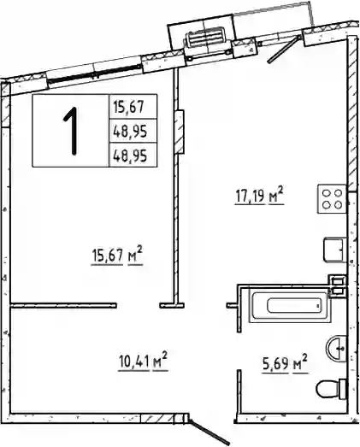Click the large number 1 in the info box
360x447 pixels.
pyautogui.click(x=71, y=131)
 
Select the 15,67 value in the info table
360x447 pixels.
pyautogui.click(x=132, y=107)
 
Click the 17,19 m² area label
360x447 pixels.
pyautogui.click(x=259, y=195)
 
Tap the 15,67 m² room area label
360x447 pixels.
pyautogui.click(x=116, y=256)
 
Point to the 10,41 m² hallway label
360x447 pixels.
pyautogui.click(x=143, y=362)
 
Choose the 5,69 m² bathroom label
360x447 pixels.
pyautogui.click(x=286, y=363)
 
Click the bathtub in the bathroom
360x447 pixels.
pyautogui.click(x=290, y=306)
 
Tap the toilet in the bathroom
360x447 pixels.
pyautogui.click(x=332, y=389)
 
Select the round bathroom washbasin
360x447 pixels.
pyautogui.click(x=336, y=349)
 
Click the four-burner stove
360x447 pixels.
pyautogui.click(x=332, y=199)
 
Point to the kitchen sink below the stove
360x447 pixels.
pyautogui.click(x=334, y=250)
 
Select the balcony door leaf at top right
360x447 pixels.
pyautogui.click(x=284, y=49)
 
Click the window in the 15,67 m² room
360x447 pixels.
pyautogui.click(x=94, y=72)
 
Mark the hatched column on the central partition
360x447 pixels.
pyautogui.click(x=179, y=132)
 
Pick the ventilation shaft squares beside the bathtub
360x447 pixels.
pyautogui.click(x=337, y=286)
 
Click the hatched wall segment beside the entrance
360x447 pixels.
pyautogui.click(x=157, y=419)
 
